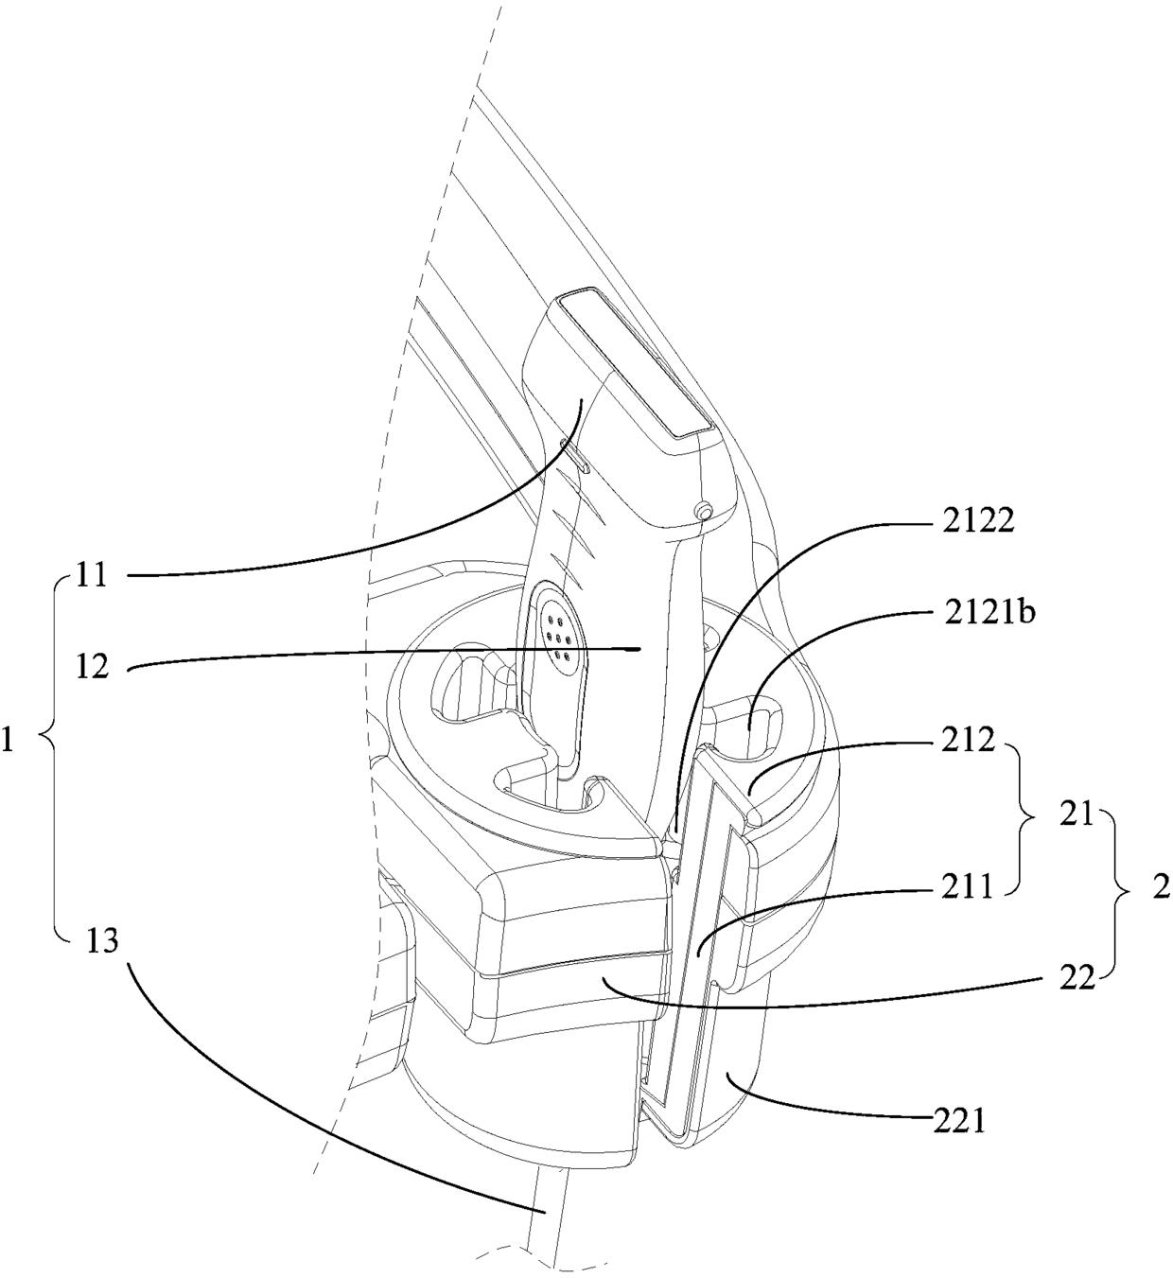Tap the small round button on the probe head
click(702, 512)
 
